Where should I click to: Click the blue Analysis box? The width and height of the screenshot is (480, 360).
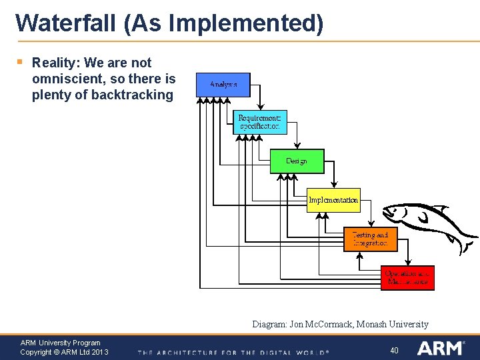pos(223,85)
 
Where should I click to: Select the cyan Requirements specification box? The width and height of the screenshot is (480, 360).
pos(259,122)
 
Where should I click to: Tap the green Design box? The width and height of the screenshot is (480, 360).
pos(297,161)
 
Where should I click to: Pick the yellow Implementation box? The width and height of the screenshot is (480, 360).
pos(333,200)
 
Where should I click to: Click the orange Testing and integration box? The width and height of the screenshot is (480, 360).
pos(370,239)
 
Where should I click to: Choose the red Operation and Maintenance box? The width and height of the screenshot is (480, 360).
pos(407,278)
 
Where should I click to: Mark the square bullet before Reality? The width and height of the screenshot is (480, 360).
pos(20,62)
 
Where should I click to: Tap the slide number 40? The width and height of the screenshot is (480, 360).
pos(394,350)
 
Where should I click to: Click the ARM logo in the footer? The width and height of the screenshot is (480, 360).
pos(441,348)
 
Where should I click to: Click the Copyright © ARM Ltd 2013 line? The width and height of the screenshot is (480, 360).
pos(64,352)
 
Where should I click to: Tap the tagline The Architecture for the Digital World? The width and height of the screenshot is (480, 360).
pos(233,352)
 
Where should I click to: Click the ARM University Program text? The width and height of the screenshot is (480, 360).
pos(61,343)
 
